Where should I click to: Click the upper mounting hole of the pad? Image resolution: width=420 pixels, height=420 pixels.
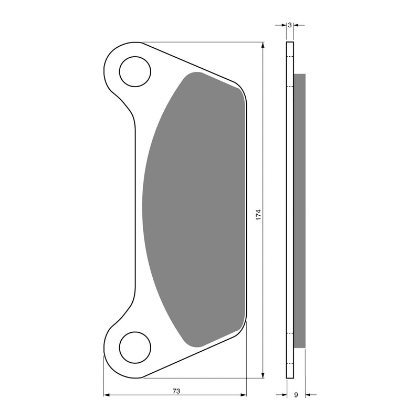tap(135, 72)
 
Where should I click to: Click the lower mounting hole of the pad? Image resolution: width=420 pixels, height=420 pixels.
tap(135, 347)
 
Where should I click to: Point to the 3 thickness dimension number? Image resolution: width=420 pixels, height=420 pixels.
tap(290, 25)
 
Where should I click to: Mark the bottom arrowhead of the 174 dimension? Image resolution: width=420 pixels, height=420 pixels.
tap(262, 374)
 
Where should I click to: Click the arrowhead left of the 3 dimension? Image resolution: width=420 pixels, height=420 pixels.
tap(283, 25)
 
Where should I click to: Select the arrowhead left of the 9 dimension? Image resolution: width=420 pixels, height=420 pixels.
tap(283, 395)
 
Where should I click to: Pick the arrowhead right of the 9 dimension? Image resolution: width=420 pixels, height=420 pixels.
tap(308, 395)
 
